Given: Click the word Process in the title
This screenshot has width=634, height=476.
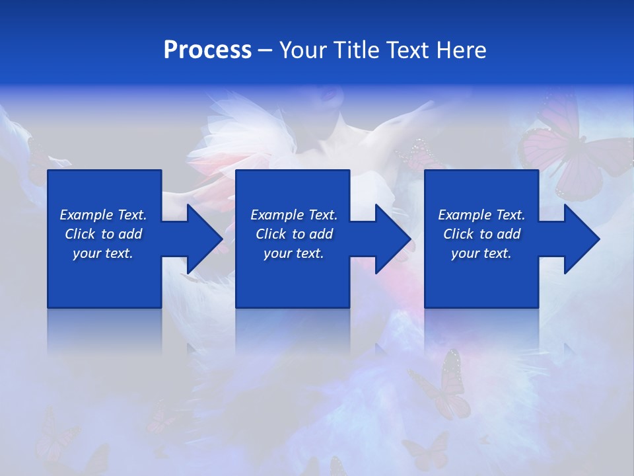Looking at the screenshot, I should (207, 50).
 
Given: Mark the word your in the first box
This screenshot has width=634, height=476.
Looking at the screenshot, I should (87, 253).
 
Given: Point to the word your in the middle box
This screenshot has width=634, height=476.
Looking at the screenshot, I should (277, 253).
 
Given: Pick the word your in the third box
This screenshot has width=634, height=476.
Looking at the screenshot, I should (465, 253).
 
